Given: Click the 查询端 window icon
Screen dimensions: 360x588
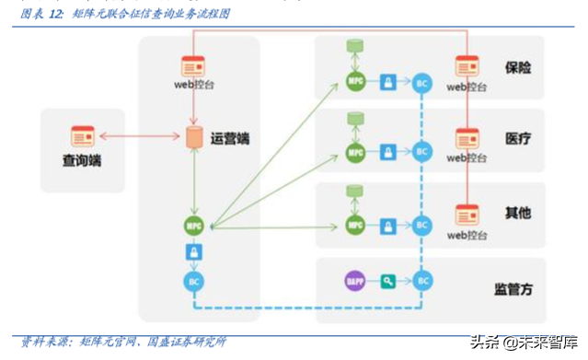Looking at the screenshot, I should coord(83,137).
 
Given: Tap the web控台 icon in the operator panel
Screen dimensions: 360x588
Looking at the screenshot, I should coord(193,66).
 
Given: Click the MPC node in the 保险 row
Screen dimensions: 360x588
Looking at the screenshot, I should coord(355,83).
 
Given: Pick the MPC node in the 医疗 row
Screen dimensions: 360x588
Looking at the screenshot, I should coord(355,152).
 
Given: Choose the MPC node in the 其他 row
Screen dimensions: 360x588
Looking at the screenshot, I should coord(355,224).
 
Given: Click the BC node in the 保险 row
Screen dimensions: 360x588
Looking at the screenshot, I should coord(422,83).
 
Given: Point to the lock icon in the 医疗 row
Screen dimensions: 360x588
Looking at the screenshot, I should coord(389,152).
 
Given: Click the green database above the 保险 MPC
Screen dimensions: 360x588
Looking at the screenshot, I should coord(354,46).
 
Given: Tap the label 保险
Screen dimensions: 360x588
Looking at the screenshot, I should coord(518,67).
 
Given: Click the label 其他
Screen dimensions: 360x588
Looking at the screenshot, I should coord(518,213).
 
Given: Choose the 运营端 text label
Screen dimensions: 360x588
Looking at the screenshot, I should coord(230,139).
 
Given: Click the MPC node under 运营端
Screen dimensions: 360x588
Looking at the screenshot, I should coord(193,224).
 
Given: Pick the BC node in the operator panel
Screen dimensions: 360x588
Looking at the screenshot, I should coord(193,281).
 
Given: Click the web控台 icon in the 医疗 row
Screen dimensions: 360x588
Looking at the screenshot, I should coord(467,139).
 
